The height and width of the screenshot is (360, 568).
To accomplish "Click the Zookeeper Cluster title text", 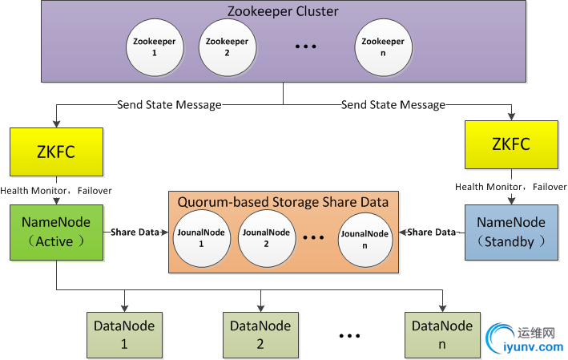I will tap(284, 11).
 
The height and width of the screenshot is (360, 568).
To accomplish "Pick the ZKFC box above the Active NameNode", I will tap(56, 152).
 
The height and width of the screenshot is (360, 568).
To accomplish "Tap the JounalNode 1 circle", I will tap(200, 237).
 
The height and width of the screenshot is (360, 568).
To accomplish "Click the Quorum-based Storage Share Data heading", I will tap(283, 202).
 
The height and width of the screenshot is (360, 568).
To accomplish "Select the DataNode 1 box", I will tap(124, 334).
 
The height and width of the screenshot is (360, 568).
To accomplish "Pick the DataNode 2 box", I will tap(260, 334).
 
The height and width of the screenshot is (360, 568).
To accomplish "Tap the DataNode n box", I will tap(442, 334).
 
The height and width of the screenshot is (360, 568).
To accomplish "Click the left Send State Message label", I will tap(169, 104).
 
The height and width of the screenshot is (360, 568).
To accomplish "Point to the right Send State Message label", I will tap(393, 104).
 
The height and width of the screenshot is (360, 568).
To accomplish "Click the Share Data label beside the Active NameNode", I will tap(134, 233).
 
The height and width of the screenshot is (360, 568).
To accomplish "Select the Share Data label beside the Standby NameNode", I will tap(432, 233).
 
